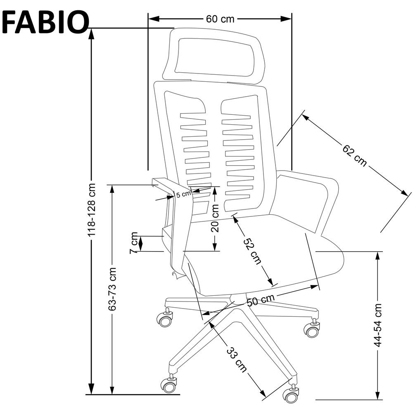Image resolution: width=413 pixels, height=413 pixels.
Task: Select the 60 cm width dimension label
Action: (220, 19)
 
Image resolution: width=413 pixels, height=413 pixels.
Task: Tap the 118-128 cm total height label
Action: (92, 210)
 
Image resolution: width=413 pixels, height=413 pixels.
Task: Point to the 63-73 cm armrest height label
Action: (112, 289)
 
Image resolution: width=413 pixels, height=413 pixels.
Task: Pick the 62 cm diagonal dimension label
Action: (354, 155)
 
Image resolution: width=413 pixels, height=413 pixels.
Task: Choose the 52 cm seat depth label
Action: (252, 251)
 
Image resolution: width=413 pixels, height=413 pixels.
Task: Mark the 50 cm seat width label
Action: (261, 300)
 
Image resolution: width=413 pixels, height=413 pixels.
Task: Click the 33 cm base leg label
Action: (237, 360)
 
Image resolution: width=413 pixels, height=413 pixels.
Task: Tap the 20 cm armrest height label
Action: (215, 218)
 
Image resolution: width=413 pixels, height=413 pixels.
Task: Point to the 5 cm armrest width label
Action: (183, 195)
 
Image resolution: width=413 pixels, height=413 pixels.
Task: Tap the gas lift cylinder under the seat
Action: (237, 299)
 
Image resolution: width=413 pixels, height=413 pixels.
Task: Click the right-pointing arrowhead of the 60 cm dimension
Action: (286, 19)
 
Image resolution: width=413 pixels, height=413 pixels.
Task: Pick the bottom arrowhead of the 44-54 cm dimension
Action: (378, 394)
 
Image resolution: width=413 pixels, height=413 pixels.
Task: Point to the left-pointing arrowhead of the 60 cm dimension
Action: (154, 19)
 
